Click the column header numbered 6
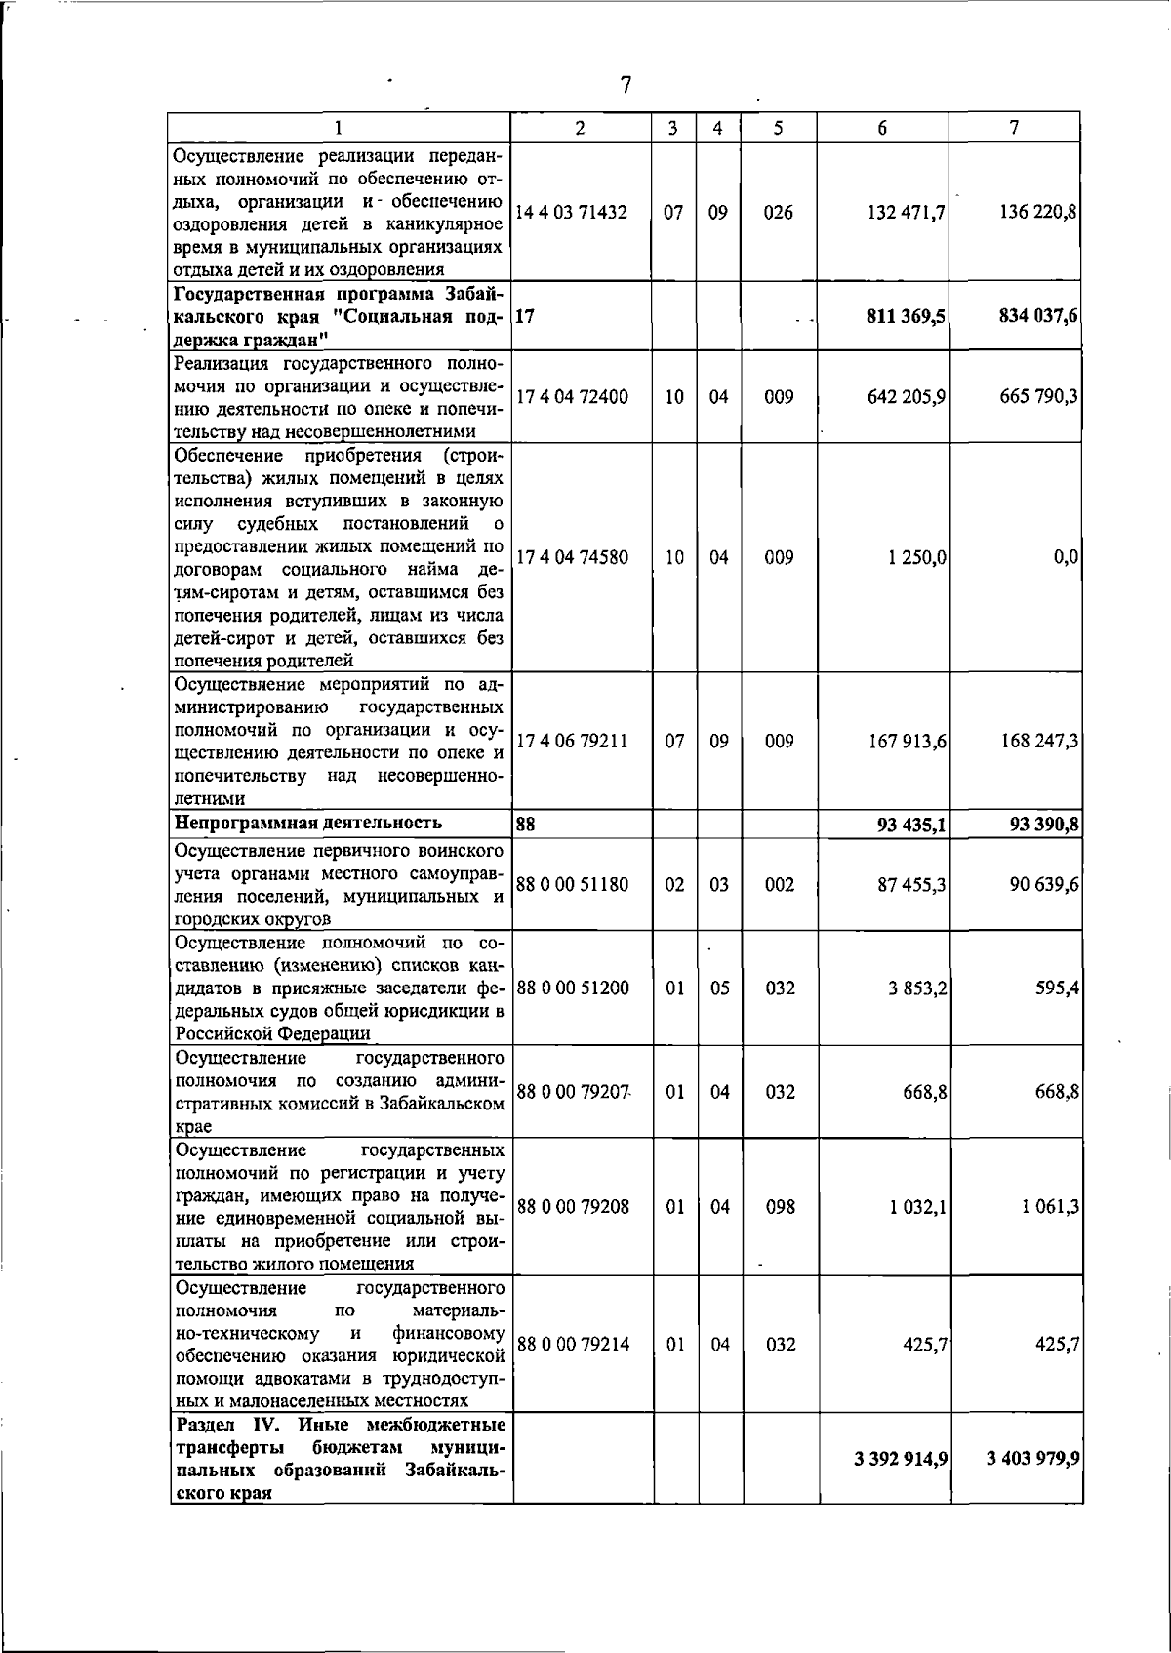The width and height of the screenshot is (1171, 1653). (882, 128)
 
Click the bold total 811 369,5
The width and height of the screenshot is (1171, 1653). (901, 316)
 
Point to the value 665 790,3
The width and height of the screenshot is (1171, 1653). (1038, 397)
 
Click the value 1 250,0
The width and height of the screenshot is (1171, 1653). (917, 557)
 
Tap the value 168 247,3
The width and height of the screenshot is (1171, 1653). (1038, 741)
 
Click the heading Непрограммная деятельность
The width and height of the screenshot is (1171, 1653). (307, 823)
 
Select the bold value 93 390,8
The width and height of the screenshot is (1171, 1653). (1043, 826)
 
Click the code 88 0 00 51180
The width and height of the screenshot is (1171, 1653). (573, 884)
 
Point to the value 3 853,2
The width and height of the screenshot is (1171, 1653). (917, 988)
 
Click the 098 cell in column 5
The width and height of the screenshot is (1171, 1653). (779, 1206)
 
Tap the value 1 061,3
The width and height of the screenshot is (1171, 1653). (1050, 1206)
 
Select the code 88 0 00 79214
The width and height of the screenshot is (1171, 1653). (573, 1344)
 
